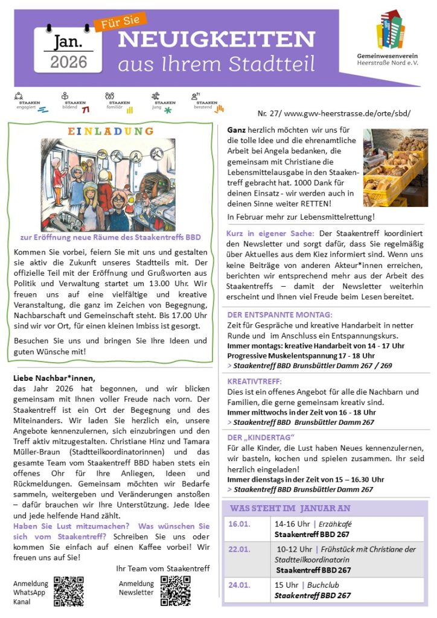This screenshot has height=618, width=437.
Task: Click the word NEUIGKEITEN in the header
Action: pos(217,39)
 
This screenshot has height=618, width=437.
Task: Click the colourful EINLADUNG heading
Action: pos(110,131)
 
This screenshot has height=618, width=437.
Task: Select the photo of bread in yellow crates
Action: pos(395,167)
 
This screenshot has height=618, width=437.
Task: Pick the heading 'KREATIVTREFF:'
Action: pos(254,381)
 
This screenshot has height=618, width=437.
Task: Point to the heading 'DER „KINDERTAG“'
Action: pos(261,437)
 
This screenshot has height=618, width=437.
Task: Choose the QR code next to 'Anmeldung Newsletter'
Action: pos(175,590)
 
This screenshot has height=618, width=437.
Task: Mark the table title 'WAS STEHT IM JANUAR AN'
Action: pos(290,508)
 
